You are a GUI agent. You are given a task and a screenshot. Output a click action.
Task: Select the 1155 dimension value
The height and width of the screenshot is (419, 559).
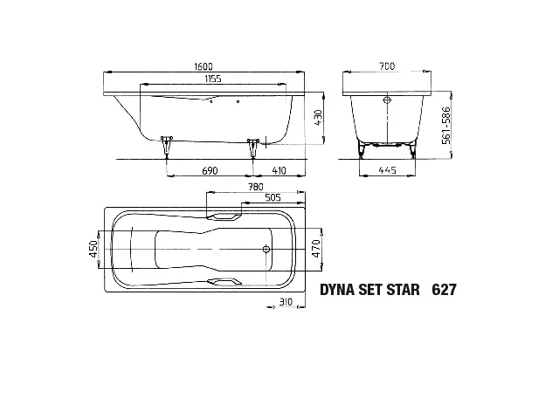click(x=207, y=80)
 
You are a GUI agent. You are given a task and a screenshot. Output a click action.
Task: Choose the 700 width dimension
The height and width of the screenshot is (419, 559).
click(x=386, y=66)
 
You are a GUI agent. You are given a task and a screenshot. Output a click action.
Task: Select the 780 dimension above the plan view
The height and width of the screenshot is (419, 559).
click(x=255, y=187)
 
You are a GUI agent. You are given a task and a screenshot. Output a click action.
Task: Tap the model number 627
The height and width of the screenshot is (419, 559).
click(x=445, y=289)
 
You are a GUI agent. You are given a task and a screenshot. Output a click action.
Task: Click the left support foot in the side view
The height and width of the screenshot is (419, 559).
click(x=166, y=147)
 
